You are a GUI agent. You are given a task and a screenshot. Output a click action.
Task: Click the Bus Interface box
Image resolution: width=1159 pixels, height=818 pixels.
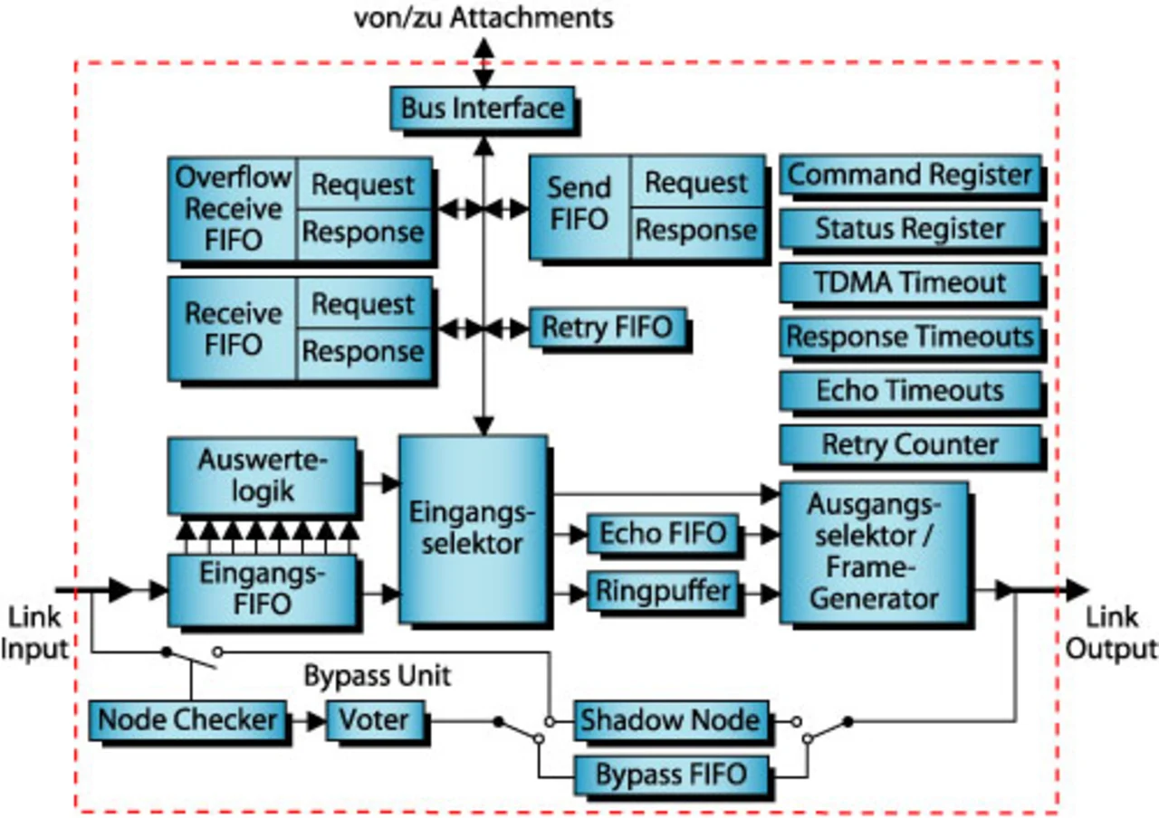pos(483,109)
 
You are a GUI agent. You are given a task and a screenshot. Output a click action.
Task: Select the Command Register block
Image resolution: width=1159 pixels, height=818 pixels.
pos(909,175)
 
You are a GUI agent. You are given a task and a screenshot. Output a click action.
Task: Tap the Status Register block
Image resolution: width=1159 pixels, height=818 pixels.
pos(909,228)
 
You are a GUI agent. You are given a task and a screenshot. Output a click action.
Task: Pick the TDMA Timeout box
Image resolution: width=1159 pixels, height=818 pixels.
pos(909,282)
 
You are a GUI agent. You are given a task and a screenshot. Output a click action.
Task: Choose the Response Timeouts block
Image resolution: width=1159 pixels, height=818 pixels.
pos(909,337)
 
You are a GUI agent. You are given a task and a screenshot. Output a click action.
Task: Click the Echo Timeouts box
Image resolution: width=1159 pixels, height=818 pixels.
pos(909,391)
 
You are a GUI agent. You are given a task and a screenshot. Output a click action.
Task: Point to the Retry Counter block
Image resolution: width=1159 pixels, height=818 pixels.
pos(909,444)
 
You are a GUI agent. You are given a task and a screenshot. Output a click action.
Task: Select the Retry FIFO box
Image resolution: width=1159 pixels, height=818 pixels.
pos(607,328)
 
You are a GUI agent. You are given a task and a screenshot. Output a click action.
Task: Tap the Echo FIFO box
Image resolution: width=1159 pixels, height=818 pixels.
pos(663,534)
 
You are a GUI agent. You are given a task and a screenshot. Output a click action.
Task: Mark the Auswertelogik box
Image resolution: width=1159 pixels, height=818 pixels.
pos(263,476)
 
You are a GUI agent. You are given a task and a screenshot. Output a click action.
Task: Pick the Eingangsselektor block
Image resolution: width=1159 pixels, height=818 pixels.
pos(473,529)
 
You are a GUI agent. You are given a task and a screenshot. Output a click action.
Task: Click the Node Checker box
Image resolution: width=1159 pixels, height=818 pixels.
pos(187,720)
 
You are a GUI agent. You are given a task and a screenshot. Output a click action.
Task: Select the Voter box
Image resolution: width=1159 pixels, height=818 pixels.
pos(373,720)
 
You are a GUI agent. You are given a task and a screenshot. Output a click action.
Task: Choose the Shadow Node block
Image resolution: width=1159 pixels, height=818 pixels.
pos(670,721)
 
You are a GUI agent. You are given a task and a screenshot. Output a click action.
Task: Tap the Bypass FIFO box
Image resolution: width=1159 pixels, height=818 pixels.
pos(670,775)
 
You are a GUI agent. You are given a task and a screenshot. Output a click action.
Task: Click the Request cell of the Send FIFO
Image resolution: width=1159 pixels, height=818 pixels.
pos(695,184)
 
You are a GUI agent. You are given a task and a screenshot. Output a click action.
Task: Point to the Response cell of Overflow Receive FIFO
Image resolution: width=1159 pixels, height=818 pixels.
pos(362,233)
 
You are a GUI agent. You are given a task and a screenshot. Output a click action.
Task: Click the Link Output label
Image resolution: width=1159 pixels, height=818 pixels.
pos(1112,633)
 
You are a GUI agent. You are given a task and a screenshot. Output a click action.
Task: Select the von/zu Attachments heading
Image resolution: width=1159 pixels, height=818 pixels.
pos(483,16)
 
